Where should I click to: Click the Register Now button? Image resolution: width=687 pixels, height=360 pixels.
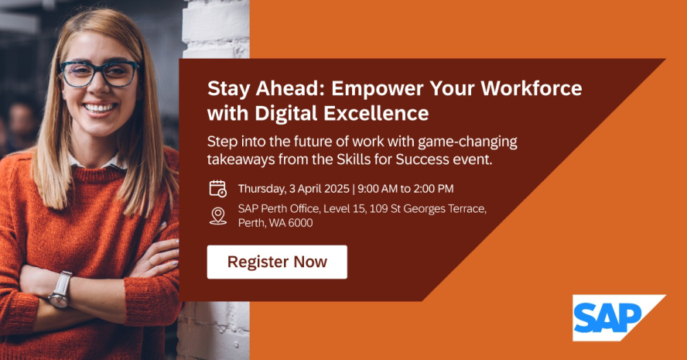pyautogui.click(x=277, y=262)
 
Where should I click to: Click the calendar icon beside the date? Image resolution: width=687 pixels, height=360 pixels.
pyautogui.click(x=217, y=189)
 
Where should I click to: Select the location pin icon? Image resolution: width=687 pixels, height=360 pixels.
pyautogui.click(x=217, y=216)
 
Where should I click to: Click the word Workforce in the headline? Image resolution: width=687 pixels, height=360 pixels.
pyautogui.click(x=531, y=88)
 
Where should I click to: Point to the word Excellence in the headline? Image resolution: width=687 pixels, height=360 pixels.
pyautogui.click(x=376, y=113)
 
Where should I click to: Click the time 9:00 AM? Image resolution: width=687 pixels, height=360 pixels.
pyautogui.click(x=378, y=189)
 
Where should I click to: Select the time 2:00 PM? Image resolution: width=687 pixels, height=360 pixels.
pyautogui.click(x=433, y=189)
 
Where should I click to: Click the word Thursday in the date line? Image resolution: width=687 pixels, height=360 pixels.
pyautogui.click(x=262, y=189)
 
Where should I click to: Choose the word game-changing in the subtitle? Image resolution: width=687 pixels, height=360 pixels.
pyautogui.click(x=467, y=142)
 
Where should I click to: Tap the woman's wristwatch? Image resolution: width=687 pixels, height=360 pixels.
pyautogui.click(x=60, y=290)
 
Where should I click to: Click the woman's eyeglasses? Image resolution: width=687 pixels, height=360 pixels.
pyautogui.click(x=99, y=74)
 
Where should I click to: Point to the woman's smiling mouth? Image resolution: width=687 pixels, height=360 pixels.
pyautogui.click(x=100, y=108)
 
